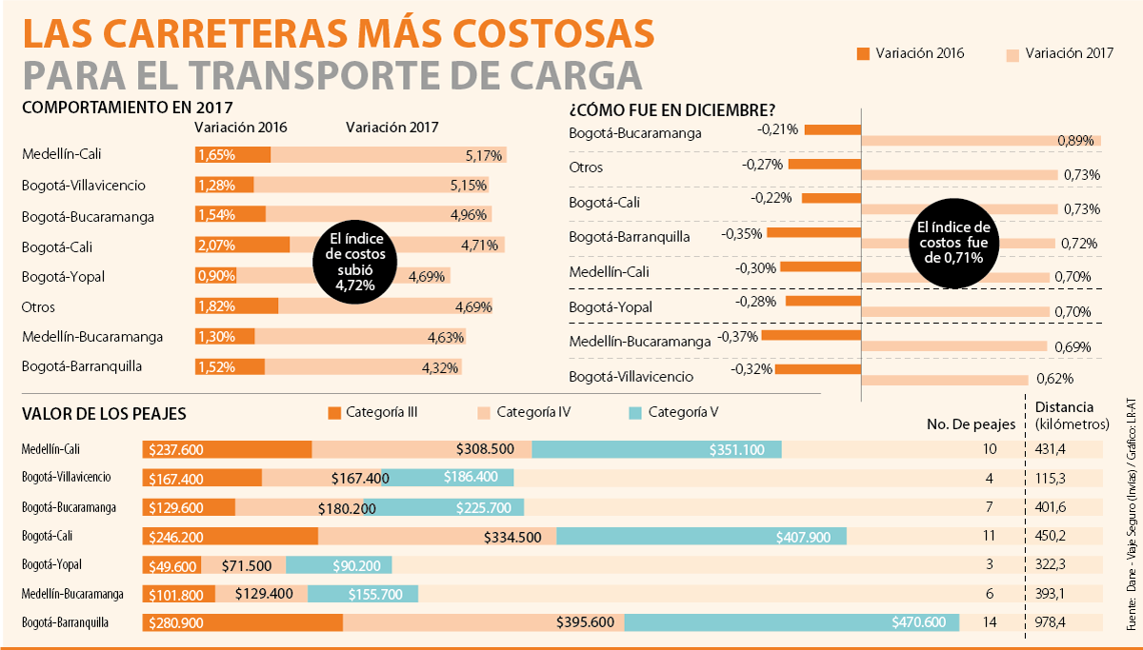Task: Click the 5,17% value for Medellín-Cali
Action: pos(484,155)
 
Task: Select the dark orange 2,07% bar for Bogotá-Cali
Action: pos(242,246)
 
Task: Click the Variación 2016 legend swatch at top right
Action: pos(864,53)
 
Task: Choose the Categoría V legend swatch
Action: pos(636,413)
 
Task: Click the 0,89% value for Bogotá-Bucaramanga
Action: pos(1076,141)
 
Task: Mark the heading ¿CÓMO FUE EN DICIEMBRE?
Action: pos(672,109)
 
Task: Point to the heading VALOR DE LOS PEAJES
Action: pos(104,414)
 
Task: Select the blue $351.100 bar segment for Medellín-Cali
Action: pos(656,449)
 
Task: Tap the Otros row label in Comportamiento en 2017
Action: pos(38,307)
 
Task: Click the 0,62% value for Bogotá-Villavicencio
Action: pos(1055,379)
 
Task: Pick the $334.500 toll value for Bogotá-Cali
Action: pos(512,537)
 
